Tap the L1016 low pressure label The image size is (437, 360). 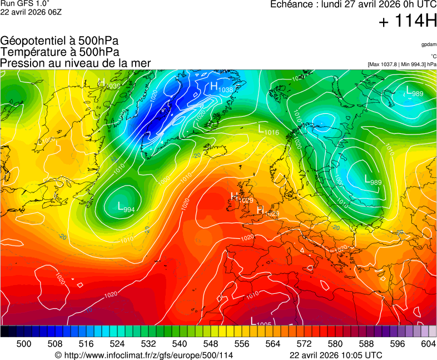point(269,131)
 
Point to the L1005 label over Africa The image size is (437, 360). point(260,322)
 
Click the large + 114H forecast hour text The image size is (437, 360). point(407,22)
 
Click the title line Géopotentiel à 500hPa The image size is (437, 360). point(59,41)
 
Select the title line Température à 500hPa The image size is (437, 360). point(59,52)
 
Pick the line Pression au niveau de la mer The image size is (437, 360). point(76,63)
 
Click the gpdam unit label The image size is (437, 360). point(429,44)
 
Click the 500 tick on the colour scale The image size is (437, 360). point(24,344)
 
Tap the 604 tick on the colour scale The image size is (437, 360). point(428,344)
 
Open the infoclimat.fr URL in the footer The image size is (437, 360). point(144,355)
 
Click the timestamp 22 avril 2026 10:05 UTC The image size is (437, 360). point(336,355)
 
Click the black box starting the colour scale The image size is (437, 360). point(4,331)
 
